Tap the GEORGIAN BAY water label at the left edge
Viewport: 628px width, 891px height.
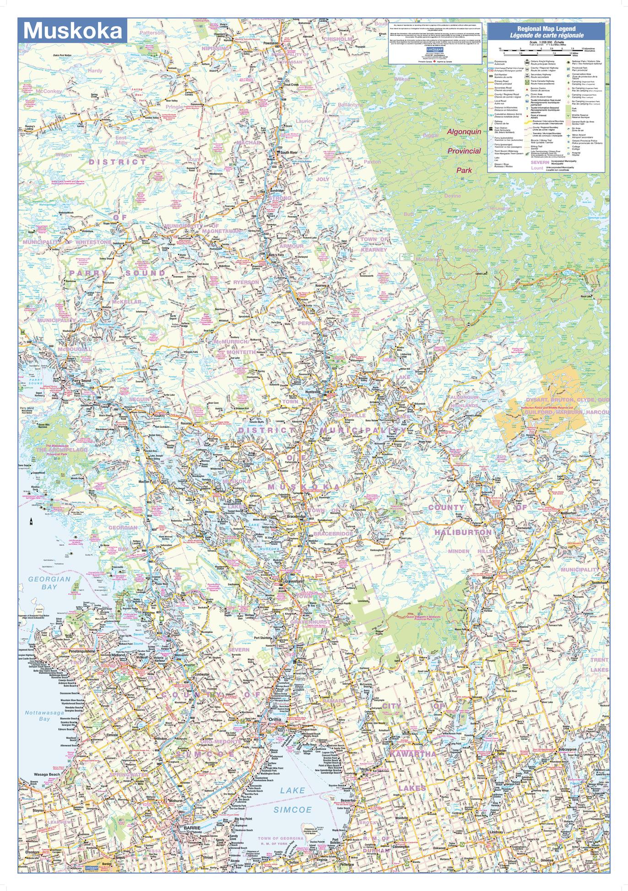coord(43,582)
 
